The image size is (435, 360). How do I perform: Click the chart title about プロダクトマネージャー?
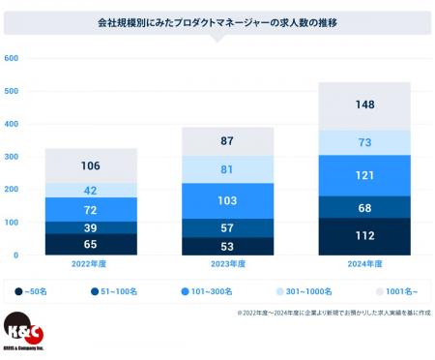tap(217, 21)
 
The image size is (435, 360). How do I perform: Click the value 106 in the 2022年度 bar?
tap(90, 165)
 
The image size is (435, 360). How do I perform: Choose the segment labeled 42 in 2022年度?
tap(90, 191)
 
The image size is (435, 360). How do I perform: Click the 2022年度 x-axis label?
tap(90, 263)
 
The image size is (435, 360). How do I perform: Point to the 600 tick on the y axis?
tap(12, 59)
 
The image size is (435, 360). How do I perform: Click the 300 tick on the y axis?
tap(12, 157)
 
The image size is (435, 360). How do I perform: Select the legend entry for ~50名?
tap(37, 289)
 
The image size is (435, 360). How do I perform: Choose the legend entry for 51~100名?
tap(113, 289)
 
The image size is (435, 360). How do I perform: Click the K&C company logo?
tap(25, 334)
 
